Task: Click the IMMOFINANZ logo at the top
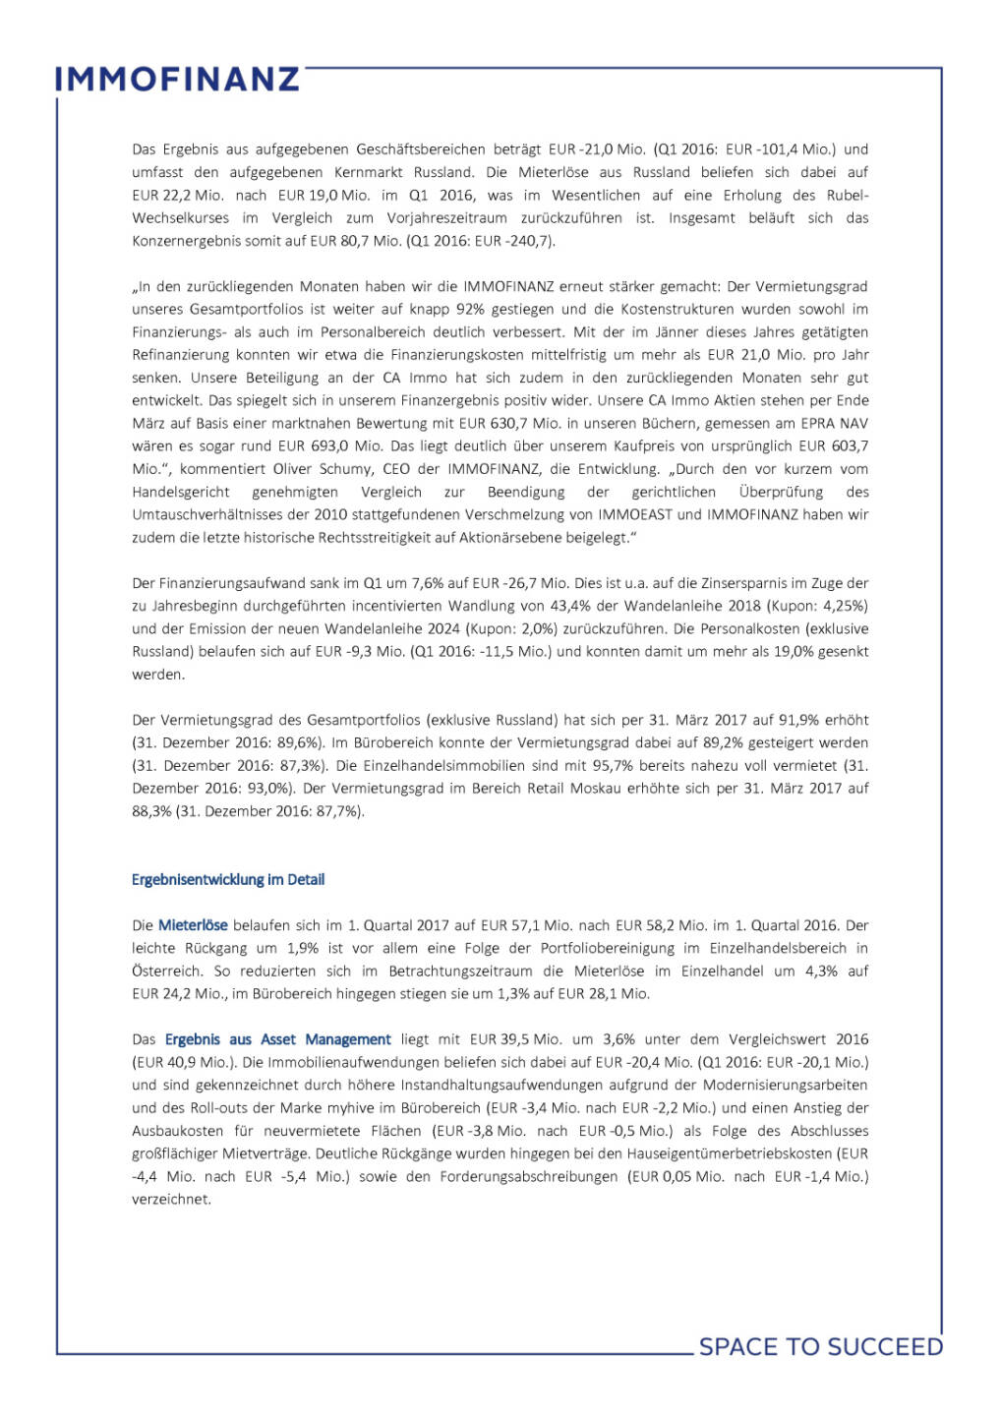tap(177, 80)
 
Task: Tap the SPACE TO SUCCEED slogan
tap(820, 1346)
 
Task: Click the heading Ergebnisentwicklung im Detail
tap(228, 879)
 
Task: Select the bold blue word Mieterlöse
tap(193, 925)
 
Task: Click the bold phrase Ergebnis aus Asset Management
tap(278, 1039)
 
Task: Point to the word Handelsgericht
tap(181, 492)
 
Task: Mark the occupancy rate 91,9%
tap(845, 720)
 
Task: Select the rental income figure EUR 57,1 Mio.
tap(514, 925)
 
